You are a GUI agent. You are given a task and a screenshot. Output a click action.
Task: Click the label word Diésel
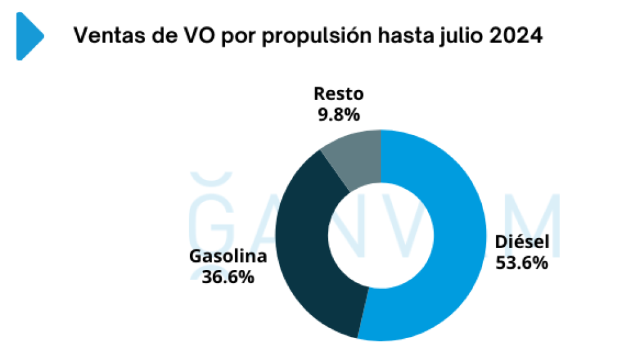[x=521, y=242]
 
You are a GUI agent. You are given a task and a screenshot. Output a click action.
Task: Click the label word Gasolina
[x=228, y=256]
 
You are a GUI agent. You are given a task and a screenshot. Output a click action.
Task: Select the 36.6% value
[x=228, y=277]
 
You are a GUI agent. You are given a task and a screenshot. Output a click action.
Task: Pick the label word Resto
[x=338, y=94]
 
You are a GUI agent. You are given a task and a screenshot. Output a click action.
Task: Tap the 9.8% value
[x=338, y=115]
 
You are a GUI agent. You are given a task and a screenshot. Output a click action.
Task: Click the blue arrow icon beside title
[x=29, y=36]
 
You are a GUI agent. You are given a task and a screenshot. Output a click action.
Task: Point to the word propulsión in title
[x=310, y=37]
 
